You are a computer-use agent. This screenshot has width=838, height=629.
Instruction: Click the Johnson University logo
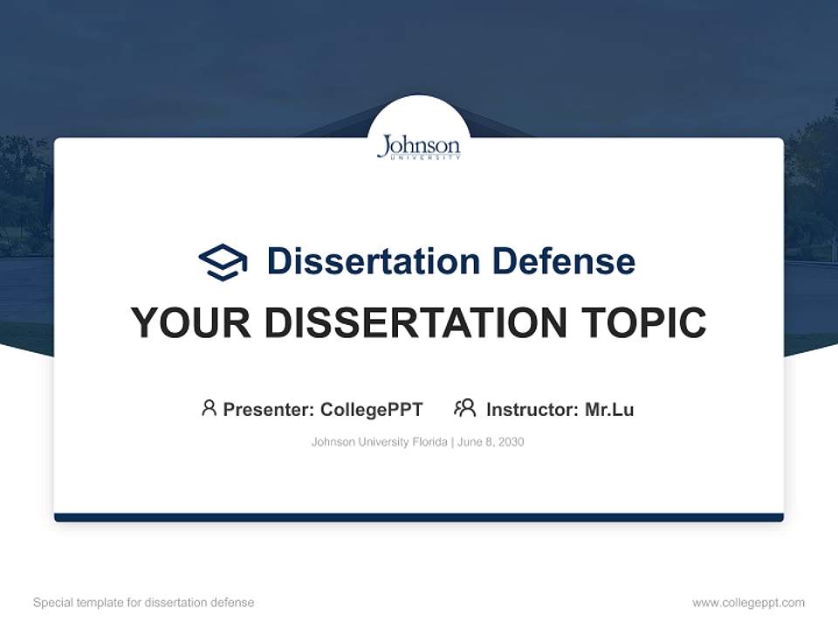[x=418, y=147]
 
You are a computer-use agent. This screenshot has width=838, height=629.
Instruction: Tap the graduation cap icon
[x=223, y=262]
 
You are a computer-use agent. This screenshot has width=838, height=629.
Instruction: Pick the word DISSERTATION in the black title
[x=416, y=323]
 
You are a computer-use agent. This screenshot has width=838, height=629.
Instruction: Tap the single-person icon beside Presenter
[x=209, y=408]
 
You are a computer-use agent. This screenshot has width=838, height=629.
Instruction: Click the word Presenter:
[x=269, y=409]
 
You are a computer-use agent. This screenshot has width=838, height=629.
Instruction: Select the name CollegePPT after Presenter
[x=371, y=409]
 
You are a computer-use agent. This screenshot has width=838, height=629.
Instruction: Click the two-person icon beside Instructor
[x=464, y=408]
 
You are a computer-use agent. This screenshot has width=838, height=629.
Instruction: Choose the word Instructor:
[x=532, y=409]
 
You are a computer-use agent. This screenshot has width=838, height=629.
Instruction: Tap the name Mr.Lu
[x=609, y=409]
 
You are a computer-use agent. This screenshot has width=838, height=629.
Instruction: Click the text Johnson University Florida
[x=379, y=442]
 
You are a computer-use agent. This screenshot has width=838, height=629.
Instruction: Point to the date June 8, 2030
[x=491, y=442]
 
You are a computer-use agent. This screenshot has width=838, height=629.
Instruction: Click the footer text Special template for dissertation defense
[x=144, y=603]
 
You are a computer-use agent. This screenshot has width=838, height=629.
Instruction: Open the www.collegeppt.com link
[x=748, y=603]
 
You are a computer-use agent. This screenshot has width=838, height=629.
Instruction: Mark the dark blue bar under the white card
[x=419, y=518]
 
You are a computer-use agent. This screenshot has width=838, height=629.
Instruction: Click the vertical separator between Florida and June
[x=452, y=442]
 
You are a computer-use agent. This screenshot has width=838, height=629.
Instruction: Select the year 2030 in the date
[x=511, y=442]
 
